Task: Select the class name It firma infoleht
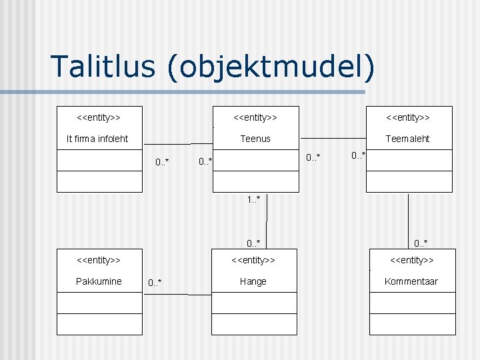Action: (x=97, y=139)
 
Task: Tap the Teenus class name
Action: (x=255, y=139)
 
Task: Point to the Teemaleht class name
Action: (x=408, y=139)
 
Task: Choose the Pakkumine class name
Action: (x=99, y=281)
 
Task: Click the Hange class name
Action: (x=253, y=281)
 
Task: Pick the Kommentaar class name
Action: (x=411, y=281)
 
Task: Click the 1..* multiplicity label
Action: (x=253, y=199)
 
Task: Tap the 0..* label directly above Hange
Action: (x=253, y=243)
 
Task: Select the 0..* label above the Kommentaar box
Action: (x=421, y=243)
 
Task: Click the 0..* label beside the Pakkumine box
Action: (x=155, y=283)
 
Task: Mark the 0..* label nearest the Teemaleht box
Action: (x=359, y=155)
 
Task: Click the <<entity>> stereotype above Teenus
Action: (x=255, y=118)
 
